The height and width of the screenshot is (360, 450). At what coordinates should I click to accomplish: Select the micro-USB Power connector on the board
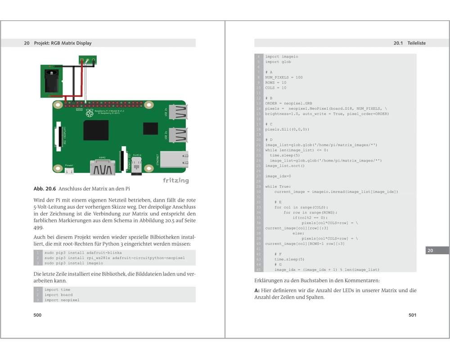click(69, 170)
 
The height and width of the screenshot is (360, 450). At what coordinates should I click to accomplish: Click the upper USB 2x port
click(178, 111)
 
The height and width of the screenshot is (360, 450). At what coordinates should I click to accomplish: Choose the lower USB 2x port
click(178, 135)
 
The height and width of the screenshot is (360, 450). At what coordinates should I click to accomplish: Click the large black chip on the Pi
click(96, 130)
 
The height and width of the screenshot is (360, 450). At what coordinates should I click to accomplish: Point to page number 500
click(38, 315)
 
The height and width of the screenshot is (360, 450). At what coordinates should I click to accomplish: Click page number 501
click(412, 315)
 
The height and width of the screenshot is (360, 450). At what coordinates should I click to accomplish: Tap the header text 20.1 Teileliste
click(409, 43)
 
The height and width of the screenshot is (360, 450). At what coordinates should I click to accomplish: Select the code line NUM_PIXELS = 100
click(284, 77)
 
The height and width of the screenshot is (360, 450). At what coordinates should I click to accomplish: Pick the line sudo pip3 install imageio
click(73, 263)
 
